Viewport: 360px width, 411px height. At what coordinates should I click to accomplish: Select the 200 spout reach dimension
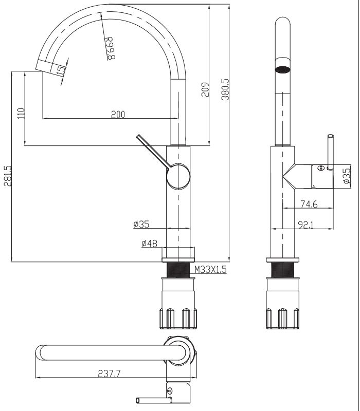click(118, 115)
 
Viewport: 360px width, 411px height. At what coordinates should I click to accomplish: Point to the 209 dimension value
click(205, 91)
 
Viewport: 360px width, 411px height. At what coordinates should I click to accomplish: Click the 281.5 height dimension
click(7, 176)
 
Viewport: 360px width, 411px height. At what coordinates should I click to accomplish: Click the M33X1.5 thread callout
click(210, 269)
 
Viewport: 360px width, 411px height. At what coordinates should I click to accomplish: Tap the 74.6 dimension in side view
click(308, 204)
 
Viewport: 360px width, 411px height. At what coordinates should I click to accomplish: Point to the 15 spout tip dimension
click(62, 70)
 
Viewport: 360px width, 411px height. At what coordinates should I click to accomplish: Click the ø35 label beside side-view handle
click(346, 175)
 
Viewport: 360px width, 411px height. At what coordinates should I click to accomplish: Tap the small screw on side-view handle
click(320, 167)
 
